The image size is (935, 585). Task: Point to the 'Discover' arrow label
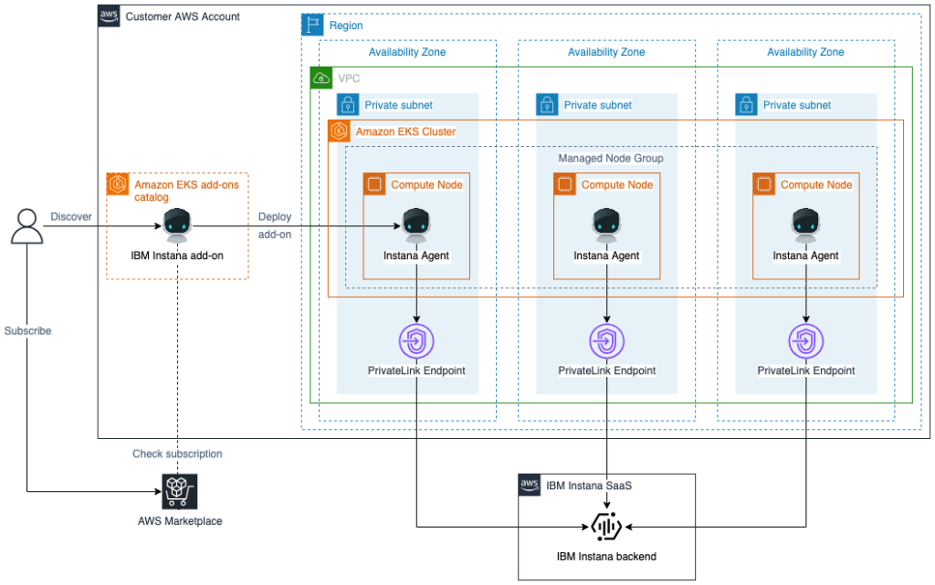pyautogui.click(x=70, y=216)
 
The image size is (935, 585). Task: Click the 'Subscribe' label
pyautogui.click(x=27, y=330)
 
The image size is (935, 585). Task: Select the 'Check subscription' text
pyautogui.click(x=177, y=454)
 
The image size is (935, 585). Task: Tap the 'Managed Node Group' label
pyautogui.click(x=610, y=158)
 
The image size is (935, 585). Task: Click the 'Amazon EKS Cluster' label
pyautogui.click(x=405, y=131)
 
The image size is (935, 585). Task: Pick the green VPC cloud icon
pyautogui.click(x=321, y=78)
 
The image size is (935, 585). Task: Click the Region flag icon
pyautogui.click(x=312, y=26)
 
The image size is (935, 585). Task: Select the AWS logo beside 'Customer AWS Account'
pyautogui.click(x=109, y=16)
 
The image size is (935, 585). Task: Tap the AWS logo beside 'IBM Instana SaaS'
pyautogui.click(x=530, y=485)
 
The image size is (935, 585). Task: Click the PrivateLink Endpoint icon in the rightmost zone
pyautogui.click(x=805, y=341)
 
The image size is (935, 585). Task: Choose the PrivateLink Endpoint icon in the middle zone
pyautogui.click(x=606, y=341)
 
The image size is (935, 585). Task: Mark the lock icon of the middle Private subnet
pyautogui.click(x=547, y=105)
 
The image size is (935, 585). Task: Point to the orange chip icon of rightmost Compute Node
pyautogui.click(x=764, y=184)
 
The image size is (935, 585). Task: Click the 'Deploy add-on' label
pyautogui.click(x=275, y=225)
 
